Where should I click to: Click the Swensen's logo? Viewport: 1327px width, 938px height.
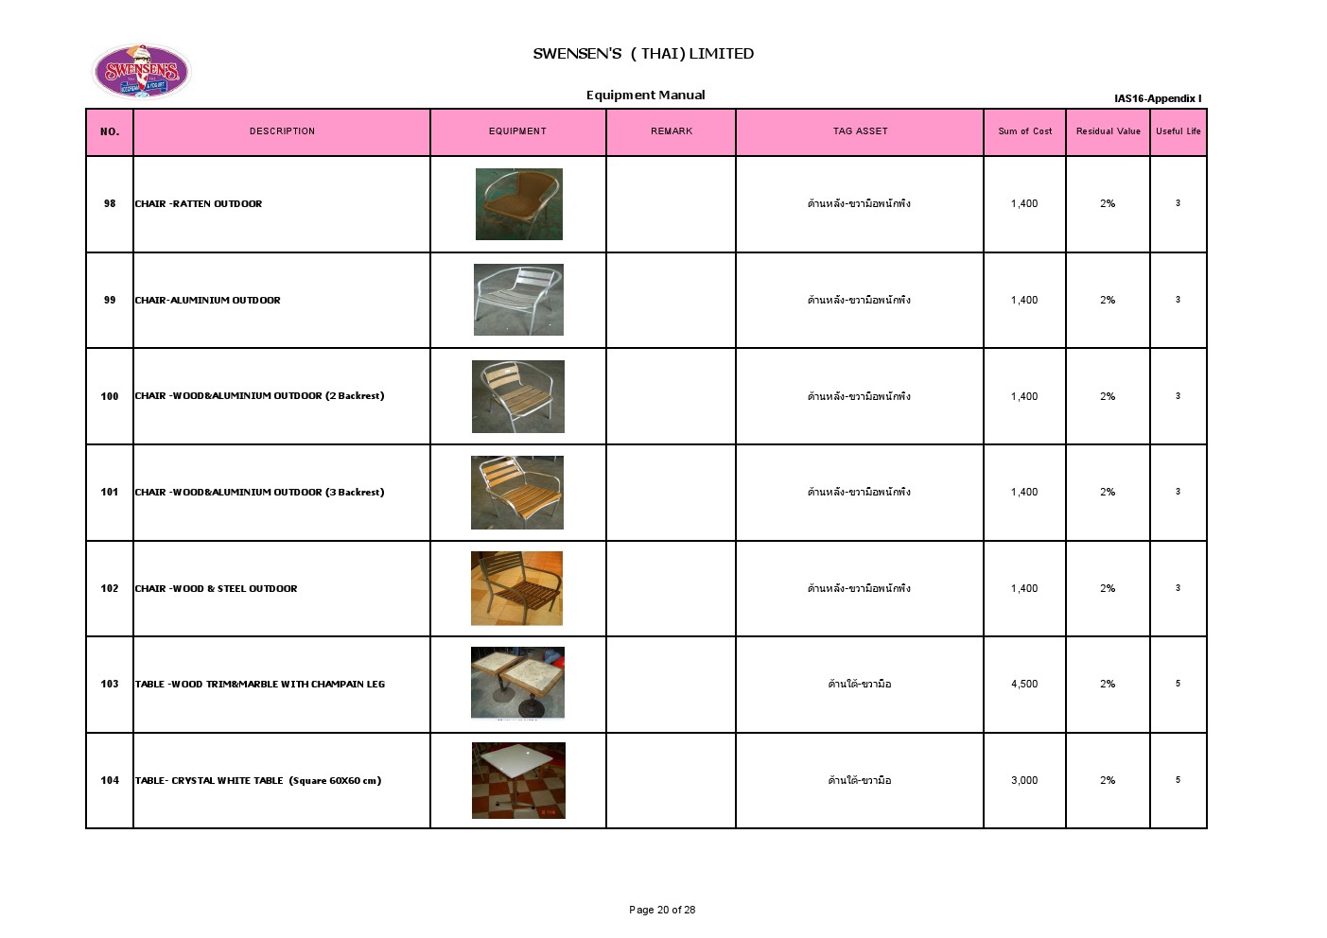tap(141, 71)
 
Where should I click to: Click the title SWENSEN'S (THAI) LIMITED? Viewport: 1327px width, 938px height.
tap(643, 54)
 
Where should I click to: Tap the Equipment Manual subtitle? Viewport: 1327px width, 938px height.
tap(645, 95)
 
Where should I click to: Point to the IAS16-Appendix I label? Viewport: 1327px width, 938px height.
tap(1157, 98)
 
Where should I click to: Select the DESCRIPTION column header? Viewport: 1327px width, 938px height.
tap(282, 131)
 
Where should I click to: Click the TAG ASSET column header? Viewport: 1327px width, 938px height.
tap(860, 131)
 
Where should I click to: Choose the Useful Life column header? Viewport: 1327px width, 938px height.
tap(1178, 131)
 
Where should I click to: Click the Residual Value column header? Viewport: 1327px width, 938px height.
tap(1108, 131)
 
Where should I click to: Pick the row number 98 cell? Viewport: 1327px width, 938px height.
tap(110, 203)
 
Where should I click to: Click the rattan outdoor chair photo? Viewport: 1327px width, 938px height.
tap(518, 204)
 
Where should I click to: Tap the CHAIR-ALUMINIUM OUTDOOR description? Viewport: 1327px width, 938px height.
tap(208, 301)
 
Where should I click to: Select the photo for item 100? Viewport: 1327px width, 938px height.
tap(518, 396)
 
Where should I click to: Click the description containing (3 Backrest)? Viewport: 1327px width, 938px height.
tap(260, 493)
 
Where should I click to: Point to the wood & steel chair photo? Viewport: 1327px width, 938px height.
tap(516, 588)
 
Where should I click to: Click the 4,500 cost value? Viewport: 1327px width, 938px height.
tap(1024, 684)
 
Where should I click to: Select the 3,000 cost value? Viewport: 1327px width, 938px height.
tap(1024, 780)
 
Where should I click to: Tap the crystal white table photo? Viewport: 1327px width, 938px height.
tap(518, 780)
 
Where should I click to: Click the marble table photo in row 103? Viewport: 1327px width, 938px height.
tap(517, 683)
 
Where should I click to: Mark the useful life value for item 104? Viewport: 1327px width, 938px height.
tap(1178, 780)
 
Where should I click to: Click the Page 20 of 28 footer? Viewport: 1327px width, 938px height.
tap(662, 910)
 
